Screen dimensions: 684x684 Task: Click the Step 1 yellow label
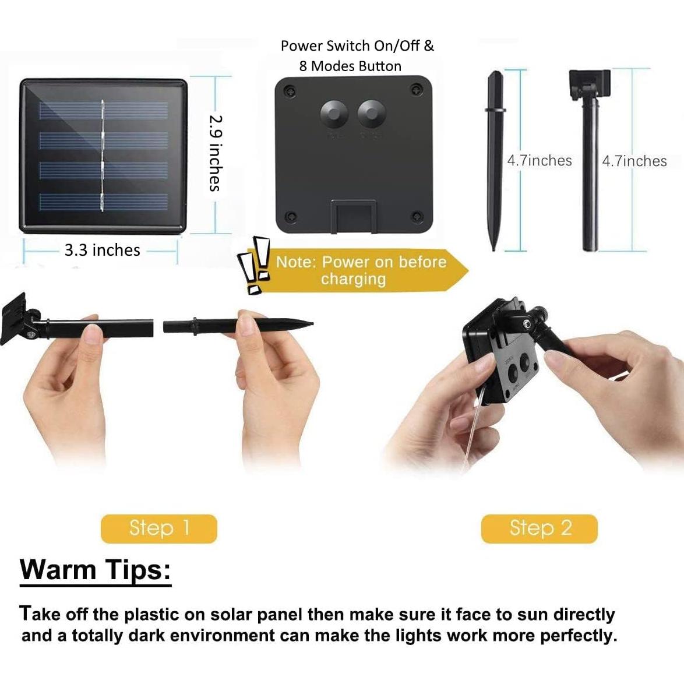[x=158, y=528]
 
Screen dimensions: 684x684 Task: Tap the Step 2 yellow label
[x=540, y=528]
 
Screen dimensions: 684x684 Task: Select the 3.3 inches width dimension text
[x=103, y=251]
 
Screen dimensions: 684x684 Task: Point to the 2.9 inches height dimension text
[x=215, y=153]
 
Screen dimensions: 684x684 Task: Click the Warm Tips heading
[x=96, y=569]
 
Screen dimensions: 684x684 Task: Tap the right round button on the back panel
[x=371, y=112]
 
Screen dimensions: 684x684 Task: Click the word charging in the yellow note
[x=353, y=279]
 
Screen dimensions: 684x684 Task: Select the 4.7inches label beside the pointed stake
[x=540, y=161]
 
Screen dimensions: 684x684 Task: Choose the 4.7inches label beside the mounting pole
[x=634, y=161]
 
